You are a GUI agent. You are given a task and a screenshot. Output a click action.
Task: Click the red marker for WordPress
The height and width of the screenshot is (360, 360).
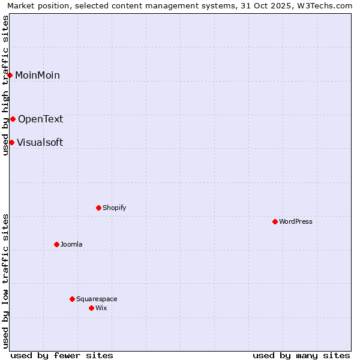(x=275, y=221)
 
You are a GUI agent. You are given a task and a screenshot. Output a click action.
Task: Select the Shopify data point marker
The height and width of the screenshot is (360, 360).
(x=98, y=208)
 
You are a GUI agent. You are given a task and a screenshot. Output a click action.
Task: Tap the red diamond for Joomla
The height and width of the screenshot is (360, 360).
(x=56, y=244)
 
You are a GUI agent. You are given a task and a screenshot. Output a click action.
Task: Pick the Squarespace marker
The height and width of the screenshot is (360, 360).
(x=72, y=299)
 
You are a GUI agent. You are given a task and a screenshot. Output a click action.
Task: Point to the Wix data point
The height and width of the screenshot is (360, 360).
(x=91, y=308)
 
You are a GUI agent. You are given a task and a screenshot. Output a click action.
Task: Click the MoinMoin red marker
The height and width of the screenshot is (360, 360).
(x=10, y=75)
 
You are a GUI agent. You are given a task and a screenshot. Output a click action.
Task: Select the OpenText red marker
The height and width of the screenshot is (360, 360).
(x=13, y=119)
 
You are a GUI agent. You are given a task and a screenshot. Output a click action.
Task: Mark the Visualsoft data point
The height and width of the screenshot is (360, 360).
(x=11, y=142)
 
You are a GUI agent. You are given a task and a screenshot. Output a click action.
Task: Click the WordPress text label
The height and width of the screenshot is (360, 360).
(x=296, y=221)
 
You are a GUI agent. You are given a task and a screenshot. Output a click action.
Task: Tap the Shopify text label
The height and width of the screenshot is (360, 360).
(x=114, y=208)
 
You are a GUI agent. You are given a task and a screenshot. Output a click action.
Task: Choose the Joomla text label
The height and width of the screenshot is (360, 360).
(x=71, y=244)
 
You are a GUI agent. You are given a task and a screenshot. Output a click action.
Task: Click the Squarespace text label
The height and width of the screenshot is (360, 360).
(x=97, y=299)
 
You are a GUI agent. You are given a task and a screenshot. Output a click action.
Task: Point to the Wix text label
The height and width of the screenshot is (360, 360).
(x=101, y=308)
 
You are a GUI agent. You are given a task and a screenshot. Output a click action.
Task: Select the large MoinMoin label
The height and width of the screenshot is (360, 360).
(x=37, y=75)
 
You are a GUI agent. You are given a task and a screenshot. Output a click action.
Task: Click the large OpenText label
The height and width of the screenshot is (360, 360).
(x=40, y=119)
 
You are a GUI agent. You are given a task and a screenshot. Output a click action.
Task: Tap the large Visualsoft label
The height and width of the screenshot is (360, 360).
(x=40, y=142)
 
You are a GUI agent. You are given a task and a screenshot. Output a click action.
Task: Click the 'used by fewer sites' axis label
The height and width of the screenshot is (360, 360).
(x=62, y=355)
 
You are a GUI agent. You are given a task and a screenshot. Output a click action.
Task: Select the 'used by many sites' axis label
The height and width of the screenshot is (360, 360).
(x=301, y=355)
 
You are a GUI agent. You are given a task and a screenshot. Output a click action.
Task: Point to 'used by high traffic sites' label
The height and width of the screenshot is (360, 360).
(x=5, y=85)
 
